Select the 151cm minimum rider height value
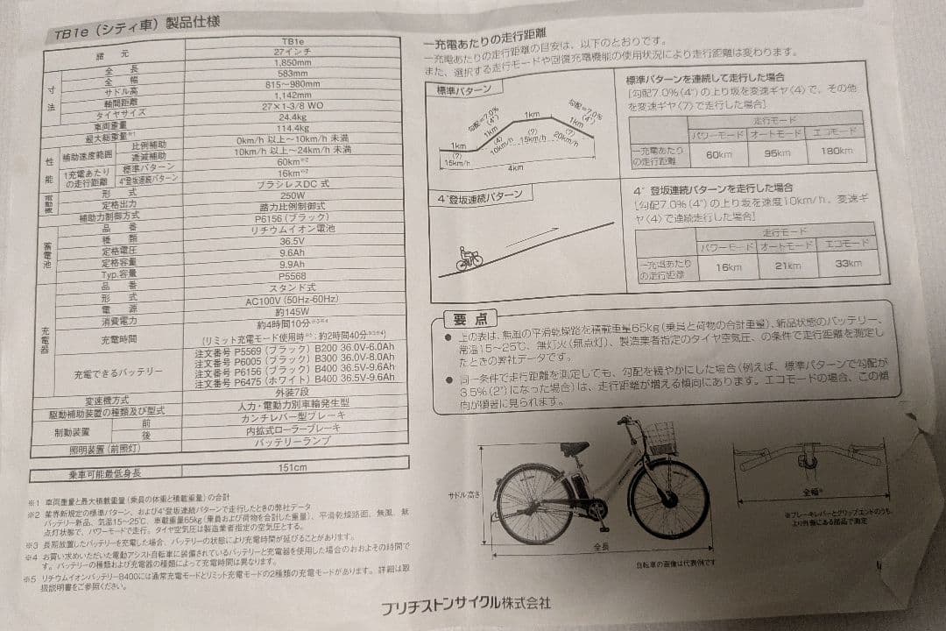292,468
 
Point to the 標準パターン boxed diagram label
463,91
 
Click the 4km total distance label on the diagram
515,167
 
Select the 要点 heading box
469,318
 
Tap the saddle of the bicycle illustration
574,447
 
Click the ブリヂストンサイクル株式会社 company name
465,603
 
